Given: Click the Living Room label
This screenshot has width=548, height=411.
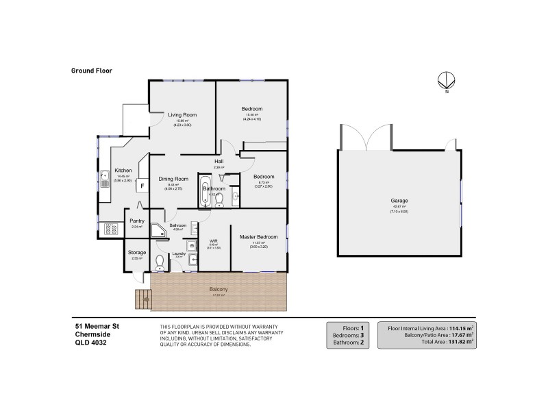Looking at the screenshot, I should point(182,114).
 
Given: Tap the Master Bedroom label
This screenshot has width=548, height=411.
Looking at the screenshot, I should point(258,237).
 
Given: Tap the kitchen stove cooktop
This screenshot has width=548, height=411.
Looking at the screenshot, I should point(110,229).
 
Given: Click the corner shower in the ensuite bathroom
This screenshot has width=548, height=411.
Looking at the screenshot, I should point(158,232).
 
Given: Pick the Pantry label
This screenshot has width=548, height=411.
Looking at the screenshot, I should point(136,221).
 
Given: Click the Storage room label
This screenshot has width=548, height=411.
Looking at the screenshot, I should point(136,253).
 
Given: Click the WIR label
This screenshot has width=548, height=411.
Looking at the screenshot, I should point(213,241).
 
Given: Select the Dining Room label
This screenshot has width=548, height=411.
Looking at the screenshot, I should point(173,179).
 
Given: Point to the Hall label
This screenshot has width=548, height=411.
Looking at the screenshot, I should point(219,162).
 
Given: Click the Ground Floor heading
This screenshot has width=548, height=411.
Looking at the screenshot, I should point(91,70).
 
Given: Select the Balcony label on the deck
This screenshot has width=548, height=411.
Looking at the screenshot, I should point(219,290).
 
